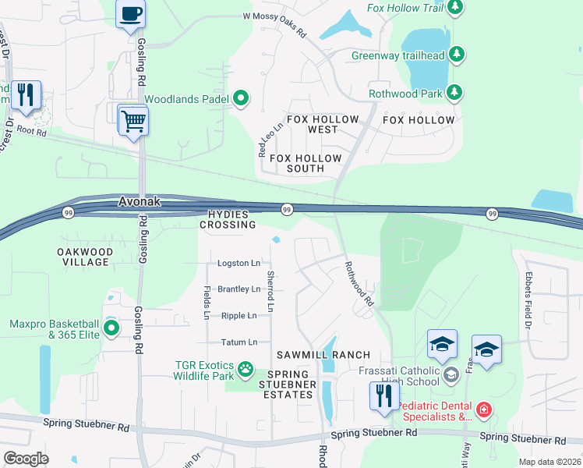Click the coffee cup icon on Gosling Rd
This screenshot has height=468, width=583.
pyautogui.click(x=131, y=14)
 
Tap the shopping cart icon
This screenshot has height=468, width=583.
pyautogui.click(x=133, y=122)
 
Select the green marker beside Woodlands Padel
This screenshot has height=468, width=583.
pyautogui.click(x=242, y=98)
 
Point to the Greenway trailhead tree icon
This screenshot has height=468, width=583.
pyautogui.click(x=459, y=55)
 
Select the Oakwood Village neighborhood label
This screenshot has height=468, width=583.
pyautogui.click(x=84, y=257)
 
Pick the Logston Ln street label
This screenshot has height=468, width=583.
pyautogui.click(x=238, y=264)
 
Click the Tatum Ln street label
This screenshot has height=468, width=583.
pyautogui.click(x=238, y=342)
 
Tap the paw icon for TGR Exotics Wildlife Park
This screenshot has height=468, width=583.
pyautogui.click(x=246, y=367)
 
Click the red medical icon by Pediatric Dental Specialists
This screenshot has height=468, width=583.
pyautogui.click(x=484, y=409)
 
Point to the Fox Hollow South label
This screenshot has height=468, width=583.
pyautogui.click(x=306, y=163)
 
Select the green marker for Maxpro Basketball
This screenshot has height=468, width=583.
pyautogui.click(x=111, y=329)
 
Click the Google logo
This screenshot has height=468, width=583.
pyautogui.click(x=26, y=459)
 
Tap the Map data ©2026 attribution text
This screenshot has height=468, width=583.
pyautogui.click(x=549, y=462)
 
